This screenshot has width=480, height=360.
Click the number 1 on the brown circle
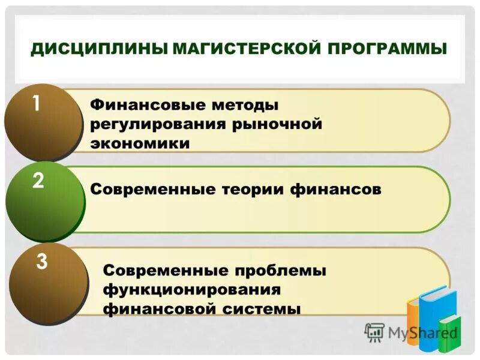tap(37, 104)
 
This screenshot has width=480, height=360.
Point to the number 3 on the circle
tap(41, 262)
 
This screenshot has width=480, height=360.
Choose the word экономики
tap(140, 144)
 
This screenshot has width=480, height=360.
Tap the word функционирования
tap(192, 290)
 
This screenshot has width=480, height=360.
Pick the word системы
tap(266, 310)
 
